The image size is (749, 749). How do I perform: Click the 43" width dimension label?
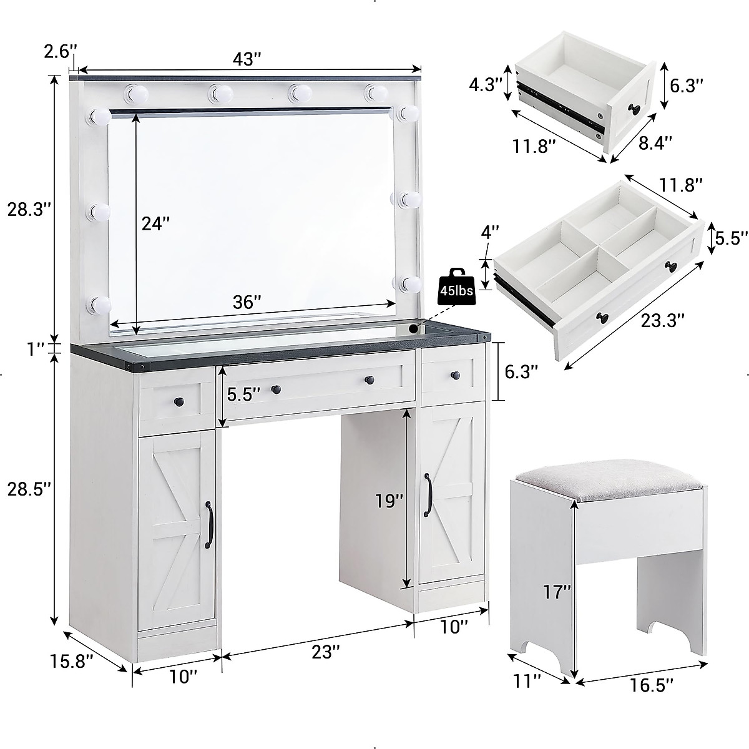coord(247,59)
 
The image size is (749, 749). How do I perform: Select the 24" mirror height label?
coord(155,223)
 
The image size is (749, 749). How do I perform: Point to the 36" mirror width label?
coord(247,302)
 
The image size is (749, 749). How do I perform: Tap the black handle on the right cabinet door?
coord(429,496)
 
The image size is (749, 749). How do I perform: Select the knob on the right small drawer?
coord(455,376)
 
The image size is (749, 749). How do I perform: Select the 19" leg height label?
coord(389,500)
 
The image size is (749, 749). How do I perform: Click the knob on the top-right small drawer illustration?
coord(635,109)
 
